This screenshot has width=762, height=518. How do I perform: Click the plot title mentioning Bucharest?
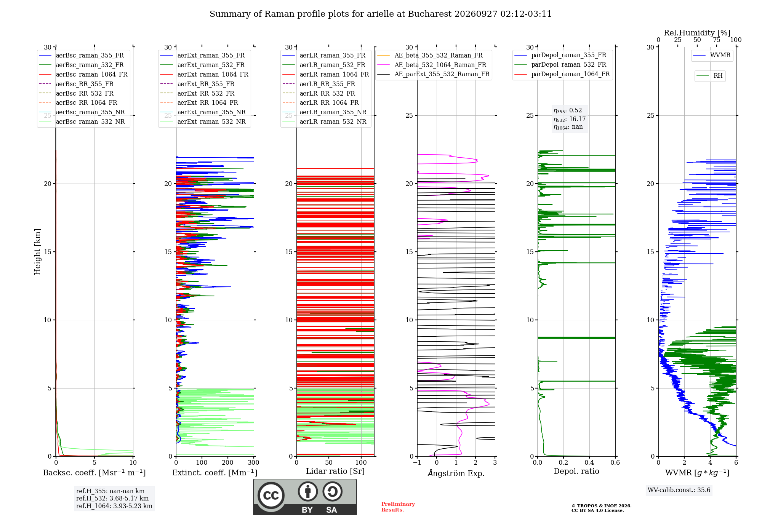coord(381,14)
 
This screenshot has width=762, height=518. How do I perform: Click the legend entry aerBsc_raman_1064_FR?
coord(83,74)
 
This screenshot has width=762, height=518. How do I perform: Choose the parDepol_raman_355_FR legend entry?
coord(560,55)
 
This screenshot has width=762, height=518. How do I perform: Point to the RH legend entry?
coord(709,76)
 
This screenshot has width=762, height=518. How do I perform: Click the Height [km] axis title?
coord(37,252)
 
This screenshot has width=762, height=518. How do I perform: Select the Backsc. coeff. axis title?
coord(94,473)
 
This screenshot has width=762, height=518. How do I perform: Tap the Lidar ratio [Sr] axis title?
coord(335,472)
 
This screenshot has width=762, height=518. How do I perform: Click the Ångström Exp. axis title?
coord(456,473)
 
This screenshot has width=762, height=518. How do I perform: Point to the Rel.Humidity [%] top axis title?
coord(697,33)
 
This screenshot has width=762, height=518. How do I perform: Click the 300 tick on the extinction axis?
coord(253,462)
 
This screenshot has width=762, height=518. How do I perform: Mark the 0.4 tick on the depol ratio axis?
coord(589,462)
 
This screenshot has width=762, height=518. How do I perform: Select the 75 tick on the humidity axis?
coord(717,40)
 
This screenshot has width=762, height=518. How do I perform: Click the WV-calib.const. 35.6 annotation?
coord(679,490)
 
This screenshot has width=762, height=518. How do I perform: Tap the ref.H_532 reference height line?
coord(112,498)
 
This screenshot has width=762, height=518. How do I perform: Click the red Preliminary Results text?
coord(398,507)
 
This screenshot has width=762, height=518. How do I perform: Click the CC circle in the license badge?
coord(271,496)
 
